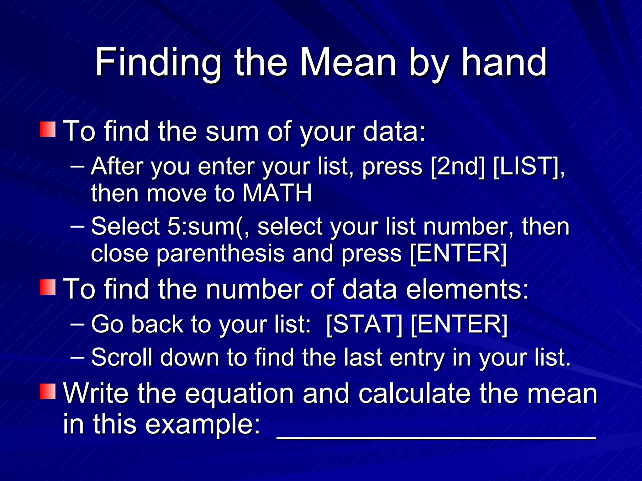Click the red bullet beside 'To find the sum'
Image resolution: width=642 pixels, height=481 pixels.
[x=48, y=130]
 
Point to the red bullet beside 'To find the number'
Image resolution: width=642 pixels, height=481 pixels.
[x=48, y=287]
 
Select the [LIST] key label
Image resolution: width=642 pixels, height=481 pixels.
[x=527, y=167]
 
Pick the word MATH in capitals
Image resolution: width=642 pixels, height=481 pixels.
[x=277, y=193]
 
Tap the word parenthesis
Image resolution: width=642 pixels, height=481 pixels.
[x=220, y=254]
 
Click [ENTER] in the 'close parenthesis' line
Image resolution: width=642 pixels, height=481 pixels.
[x=458, y=254]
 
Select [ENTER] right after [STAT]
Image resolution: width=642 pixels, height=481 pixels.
[x=459, y=324]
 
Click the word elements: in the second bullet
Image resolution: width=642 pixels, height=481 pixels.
[x=467, y=289]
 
